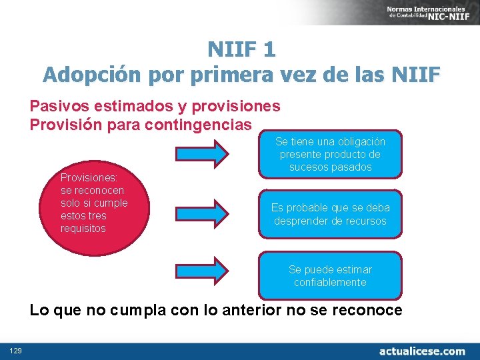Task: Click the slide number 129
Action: click(15, 351)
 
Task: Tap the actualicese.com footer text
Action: click(422, 351)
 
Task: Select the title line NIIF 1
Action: click(241, 49)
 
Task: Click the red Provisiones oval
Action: click(95, 203)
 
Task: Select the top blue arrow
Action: click(202, 154)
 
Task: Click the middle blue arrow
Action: click(202, 213)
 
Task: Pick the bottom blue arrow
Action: click(202, 271)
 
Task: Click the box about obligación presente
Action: click(331, 154)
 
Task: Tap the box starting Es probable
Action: click(331, 214)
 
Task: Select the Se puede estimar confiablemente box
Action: click(331, 275)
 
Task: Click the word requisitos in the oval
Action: click(83, 229)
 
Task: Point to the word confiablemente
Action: click(331, 282)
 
